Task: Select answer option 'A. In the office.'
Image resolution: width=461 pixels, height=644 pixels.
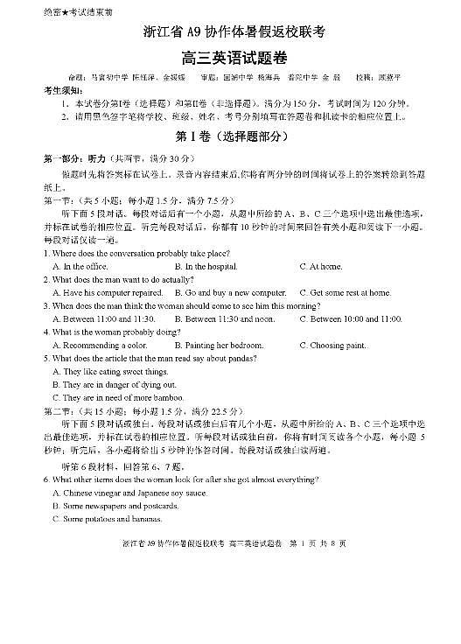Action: pos(80,266)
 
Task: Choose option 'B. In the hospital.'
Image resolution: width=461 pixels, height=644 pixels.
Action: pos(206,266)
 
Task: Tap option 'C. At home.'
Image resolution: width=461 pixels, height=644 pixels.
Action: pos(321,266)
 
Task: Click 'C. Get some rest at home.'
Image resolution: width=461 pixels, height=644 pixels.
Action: pos(345,292)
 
